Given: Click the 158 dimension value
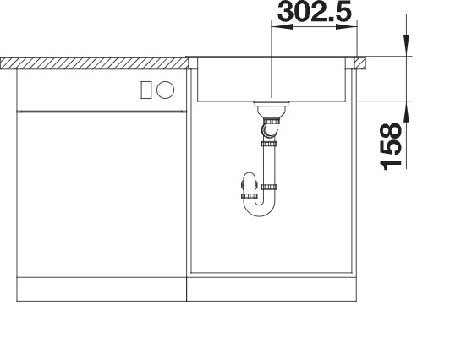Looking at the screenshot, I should tap(392, 148).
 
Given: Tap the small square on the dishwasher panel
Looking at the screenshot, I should tap(146, 89).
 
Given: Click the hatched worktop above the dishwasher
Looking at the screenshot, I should tap(93, 63).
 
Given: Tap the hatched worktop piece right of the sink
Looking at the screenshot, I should tap(361, 62).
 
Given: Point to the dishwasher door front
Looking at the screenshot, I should tap(102, 194).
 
